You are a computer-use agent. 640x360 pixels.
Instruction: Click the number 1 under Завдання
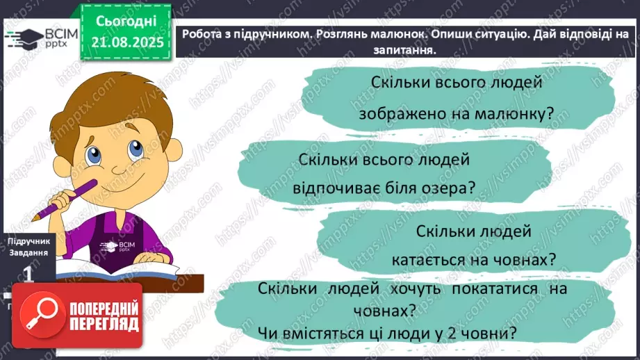point(28,275)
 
